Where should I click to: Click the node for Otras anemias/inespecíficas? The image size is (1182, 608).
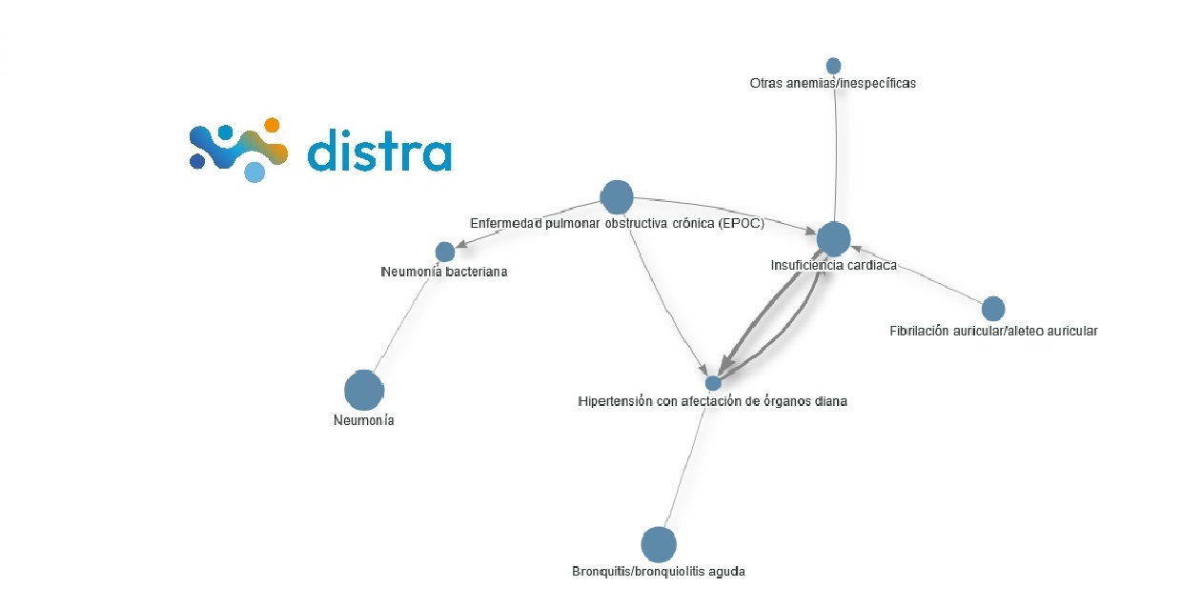833,66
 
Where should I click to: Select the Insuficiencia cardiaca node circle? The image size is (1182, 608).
832,239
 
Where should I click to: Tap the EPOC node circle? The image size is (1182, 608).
617,197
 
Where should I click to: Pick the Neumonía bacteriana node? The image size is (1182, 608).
445,252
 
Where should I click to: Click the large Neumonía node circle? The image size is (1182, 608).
363,390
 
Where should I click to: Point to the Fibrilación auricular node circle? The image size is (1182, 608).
993,309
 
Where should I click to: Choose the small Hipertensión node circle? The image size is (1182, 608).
713,383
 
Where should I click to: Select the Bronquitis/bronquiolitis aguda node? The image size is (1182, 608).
658,545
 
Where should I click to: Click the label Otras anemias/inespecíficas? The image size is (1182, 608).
833,84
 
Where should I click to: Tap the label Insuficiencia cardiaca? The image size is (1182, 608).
833,266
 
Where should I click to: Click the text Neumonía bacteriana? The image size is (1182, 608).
444,272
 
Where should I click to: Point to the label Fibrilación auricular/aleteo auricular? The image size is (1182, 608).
993,332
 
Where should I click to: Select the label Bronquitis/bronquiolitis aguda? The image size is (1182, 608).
659,572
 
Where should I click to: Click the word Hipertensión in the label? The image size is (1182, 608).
615,402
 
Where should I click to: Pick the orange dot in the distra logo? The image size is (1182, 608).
272,125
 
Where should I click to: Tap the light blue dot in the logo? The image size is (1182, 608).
254,172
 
